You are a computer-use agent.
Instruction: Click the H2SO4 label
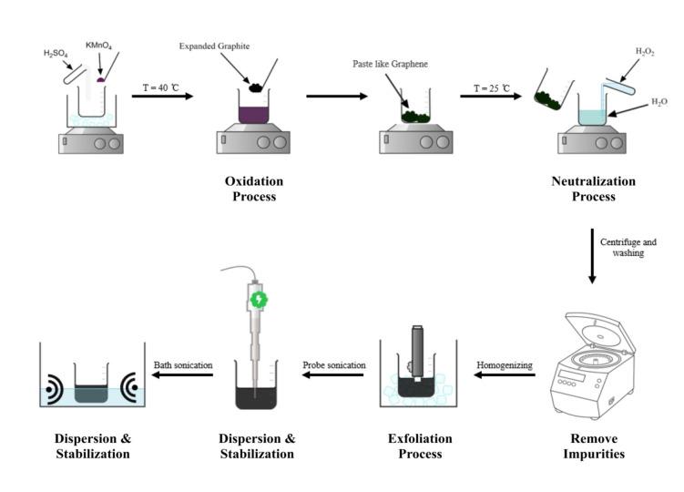(56, 54)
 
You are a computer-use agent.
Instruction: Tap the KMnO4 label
(98, 46)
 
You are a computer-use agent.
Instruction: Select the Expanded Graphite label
(214, 46)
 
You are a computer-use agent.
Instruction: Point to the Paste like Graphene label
(390, 64)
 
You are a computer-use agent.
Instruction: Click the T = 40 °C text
(160, 87)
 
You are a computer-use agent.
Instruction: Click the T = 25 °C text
(491, 88)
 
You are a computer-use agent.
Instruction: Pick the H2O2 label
(645, 52)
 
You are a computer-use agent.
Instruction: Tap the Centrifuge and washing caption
(628, 247)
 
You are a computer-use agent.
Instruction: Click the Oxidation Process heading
(254, 189)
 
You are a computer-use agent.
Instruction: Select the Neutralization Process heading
(593, 189)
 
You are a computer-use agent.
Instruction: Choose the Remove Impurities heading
(594, 446)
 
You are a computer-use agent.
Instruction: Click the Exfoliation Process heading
(420, 446)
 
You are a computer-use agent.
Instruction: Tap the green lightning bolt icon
(259, 300)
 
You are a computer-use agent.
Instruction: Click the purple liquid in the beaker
(253, 115)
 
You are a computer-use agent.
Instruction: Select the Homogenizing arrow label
(505, 365)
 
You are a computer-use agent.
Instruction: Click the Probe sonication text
(334, 365)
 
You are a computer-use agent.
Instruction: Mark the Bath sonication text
(183, 365)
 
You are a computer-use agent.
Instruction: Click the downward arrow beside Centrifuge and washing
(592, 256)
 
